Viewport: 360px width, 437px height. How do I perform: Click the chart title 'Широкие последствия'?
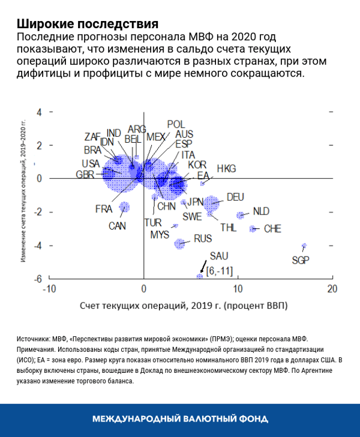(x=88, y=24)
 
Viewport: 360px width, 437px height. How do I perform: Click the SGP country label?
(x=301, y=260)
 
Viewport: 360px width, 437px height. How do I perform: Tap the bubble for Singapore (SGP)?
(x=304, y=246)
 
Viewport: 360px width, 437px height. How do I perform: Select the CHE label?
(x=272, y=228)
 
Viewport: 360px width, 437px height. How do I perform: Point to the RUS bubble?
(x=179, y=243)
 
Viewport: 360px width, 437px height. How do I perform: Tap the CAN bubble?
(x=124, y=207)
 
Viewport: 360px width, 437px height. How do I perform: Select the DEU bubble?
(x=211, y=204)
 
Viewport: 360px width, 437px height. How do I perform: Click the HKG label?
(x=227, y=168)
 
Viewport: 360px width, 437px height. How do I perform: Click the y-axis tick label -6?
(x=37, y=279)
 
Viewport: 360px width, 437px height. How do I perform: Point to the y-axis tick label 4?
(x=39, y=112)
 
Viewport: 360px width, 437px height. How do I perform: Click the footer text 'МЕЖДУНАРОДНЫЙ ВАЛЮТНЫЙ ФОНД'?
(x=180, y=418)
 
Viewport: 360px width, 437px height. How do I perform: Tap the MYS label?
(x=160, y=234)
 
